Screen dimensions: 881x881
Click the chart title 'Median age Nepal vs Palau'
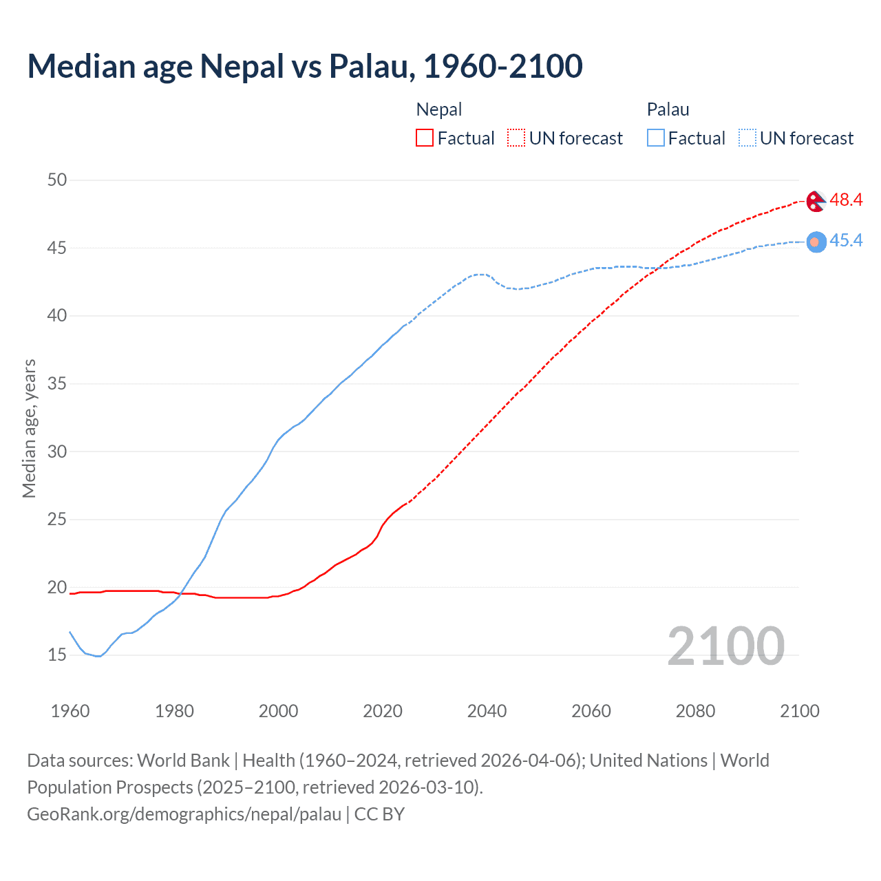tap(305, 66)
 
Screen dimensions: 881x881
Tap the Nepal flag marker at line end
tap(816, 202)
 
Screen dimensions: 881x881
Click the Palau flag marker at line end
tap(816, 242)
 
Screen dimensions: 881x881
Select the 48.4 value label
tap(846, 200)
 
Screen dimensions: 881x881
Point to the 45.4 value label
tap(846, 240)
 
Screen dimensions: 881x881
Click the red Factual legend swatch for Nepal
tap(425, 138)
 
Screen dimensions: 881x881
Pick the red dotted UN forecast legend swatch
tap(516, 138)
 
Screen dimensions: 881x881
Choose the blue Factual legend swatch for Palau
tap(655, 138)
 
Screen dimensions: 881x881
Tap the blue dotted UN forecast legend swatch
tap(747, 138)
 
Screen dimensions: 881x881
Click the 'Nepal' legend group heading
tap(439, 109)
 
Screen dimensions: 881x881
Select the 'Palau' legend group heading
tap(668, 109)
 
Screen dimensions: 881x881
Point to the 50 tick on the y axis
tap(57, 180)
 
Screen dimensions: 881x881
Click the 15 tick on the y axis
tap(57, 655)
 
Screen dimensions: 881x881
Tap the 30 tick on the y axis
tap(57, 452)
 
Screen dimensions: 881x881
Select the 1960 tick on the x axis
tap(70, 711)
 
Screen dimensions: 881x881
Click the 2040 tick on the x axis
tap(487, 711)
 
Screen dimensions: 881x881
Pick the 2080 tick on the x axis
tap(695, 711)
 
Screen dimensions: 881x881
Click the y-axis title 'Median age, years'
tap(29, 428)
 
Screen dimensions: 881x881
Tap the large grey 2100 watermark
tap(725, 646)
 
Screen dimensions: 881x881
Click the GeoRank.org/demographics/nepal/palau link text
tap(184, 814)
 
